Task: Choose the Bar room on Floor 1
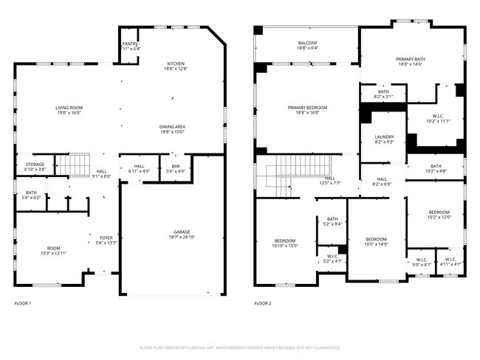[x=176, y=169]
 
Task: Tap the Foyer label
[x=106, y=240]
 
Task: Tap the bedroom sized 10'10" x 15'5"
[x=285, y=243]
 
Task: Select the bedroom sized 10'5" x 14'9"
[x=376, y=242]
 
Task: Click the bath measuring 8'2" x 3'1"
[x=383, y=94]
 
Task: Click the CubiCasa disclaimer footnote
[x=240, y=347]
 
